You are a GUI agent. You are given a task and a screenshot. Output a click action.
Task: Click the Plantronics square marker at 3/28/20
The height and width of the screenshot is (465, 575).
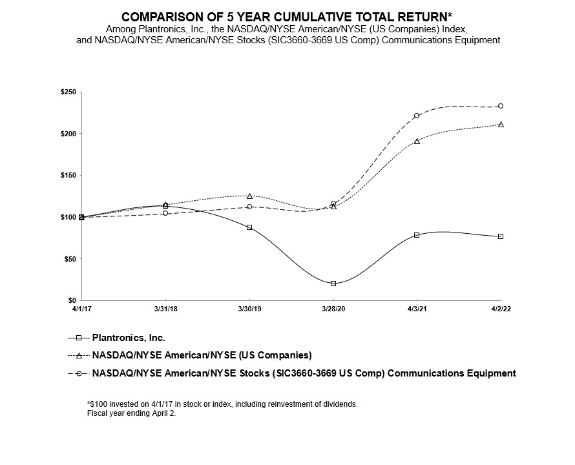[x=333, y=284]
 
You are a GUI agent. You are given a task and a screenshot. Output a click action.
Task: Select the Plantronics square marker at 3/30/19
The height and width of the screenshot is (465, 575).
[x=249, y=227]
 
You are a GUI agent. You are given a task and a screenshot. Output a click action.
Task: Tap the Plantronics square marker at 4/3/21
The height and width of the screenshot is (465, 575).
[x=417, y=235]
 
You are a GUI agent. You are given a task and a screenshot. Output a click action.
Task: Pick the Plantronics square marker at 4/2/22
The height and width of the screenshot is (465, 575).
[x=501, y=236]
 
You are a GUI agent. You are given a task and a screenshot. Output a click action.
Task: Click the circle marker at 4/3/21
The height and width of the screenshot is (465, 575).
[x=417, y=116]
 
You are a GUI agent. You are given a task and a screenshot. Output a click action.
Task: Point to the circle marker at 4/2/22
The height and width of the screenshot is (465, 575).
[x=501, y=106]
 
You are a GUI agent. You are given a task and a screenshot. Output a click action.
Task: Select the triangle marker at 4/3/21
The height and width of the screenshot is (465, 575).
[x=417, y=141]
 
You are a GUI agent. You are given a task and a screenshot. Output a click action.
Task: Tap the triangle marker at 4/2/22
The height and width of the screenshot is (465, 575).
[x=501, y=124]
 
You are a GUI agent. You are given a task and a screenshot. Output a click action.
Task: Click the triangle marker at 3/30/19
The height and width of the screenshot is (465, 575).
[x=249, y=196]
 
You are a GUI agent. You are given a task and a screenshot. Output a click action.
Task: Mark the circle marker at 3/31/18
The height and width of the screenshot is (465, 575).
[x=165, y=213]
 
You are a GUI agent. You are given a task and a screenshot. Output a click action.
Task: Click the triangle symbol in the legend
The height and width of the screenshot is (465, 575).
[x=79, y=355]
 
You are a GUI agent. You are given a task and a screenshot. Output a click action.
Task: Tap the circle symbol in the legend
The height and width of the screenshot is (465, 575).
[x=79, y=373]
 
